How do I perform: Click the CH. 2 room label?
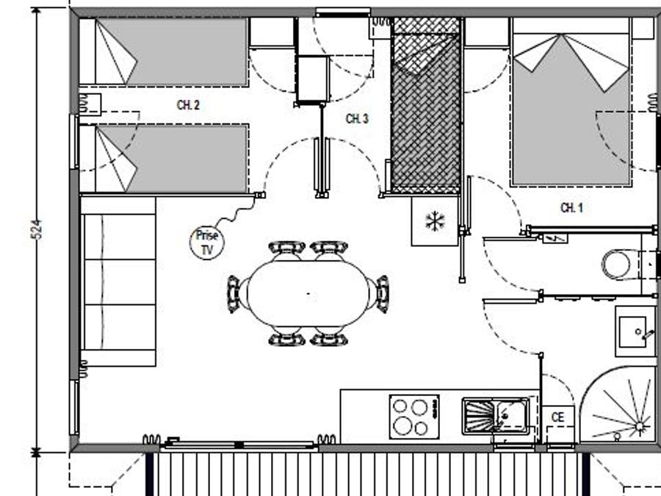click(x=188, y=105)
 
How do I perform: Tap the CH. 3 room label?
click(x=357, y=119)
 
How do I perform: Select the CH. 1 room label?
click(x=571, y=207)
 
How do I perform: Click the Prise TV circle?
click(x=207, y=242)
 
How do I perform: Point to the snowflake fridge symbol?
click(x=435, y=221)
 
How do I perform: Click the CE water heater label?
click(x=557, y=417)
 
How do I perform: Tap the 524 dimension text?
click(x=37, y=229)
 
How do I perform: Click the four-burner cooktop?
click(x=414, y=417)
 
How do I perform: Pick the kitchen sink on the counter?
click(x=495, y=416)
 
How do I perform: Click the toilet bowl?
click(x=620, y=265)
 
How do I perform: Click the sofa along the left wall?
click(x=118, y=281)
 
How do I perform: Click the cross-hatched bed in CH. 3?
click(x=426, y=105)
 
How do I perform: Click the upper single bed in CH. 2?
click(x=164, y=52)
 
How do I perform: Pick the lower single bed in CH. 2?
click(x=164, y=159)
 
